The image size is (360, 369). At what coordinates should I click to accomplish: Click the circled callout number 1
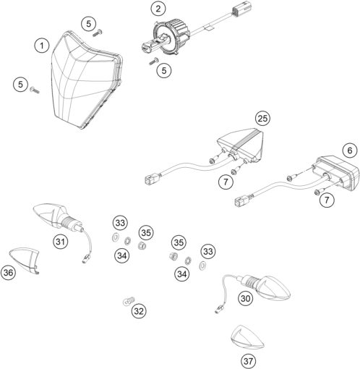(x=42, y=46)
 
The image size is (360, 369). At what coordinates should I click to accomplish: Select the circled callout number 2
(x=158, y=9)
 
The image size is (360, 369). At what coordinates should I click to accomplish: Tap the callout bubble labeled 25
(x=262, y=119)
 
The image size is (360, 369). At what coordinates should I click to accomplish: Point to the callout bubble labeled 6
(x=350, y=150)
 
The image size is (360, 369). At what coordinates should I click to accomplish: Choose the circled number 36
(x=8, y=273)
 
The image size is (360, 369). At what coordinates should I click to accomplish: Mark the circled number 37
(x=248, y=361)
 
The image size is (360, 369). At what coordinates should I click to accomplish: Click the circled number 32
(x=139, y=311)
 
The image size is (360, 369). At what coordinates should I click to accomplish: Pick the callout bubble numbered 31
(x=61, y=241)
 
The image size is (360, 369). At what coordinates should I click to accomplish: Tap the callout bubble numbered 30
(x=246, y=298)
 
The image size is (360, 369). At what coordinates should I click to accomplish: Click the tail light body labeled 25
(x=241, y=145)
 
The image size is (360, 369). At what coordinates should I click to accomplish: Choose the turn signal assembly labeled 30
(x=267, y=287)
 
